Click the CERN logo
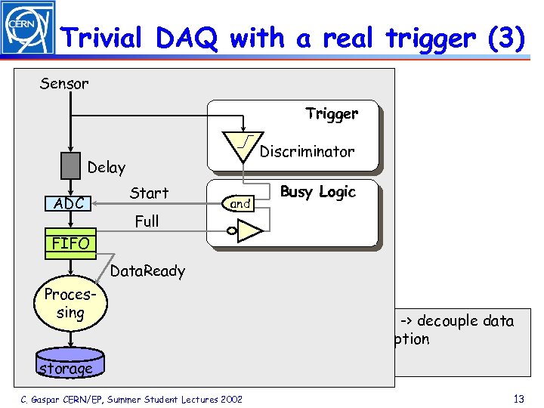tap(29, 28)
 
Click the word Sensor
tap(64, 83)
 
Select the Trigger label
tap(332, 114)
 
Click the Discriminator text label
tap(307, 152)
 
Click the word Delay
tap(107, 168)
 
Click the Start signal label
tap(149, 193)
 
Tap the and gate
tap(240, 203)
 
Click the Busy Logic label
tap(317, 192)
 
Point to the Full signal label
tap(147, 221)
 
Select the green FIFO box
tap(70, 243)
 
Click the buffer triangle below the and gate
tap(248, 233)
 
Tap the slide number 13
tap(518, 398)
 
